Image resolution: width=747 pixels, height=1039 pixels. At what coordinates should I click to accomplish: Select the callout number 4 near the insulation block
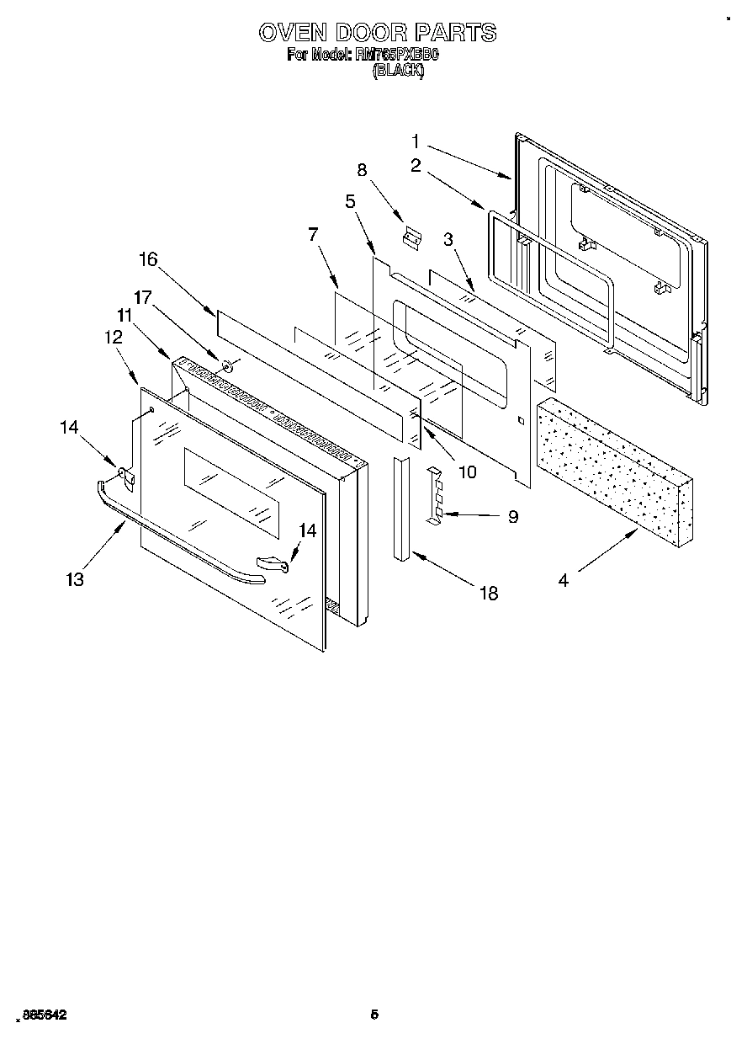(x=563, y=580)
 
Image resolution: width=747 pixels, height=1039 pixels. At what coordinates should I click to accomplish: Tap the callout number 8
(x=363, y=169)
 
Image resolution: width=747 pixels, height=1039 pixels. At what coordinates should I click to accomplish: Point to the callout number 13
(x=76, y=579)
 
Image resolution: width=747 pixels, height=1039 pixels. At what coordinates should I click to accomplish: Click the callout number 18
(x=488, y=594)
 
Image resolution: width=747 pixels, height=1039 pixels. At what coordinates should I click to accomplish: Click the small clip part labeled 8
(x=411, y=239)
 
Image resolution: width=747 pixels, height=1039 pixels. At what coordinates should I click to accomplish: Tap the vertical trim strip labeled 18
(x=401, y=509)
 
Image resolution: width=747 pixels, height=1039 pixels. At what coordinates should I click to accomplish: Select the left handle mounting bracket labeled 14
(x=125, y=477)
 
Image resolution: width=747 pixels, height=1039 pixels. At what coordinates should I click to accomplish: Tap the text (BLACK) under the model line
(x=398, y=72)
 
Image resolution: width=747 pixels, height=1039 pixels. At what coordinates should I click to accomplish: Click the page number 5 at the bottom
(x=375, y=1015)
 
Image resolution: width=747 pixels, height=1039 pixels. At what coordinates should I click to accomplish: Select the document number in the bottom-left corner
(x=41, y=1016)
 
